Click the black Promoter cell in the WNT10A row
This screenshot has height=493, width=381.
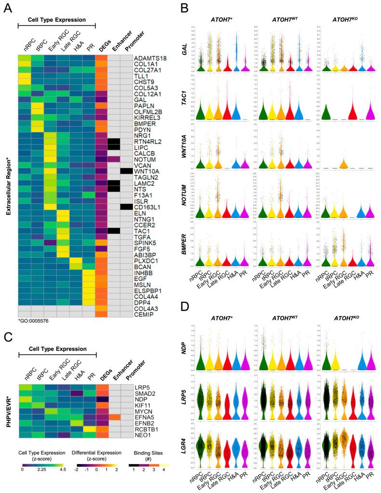tap(126, 171)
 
